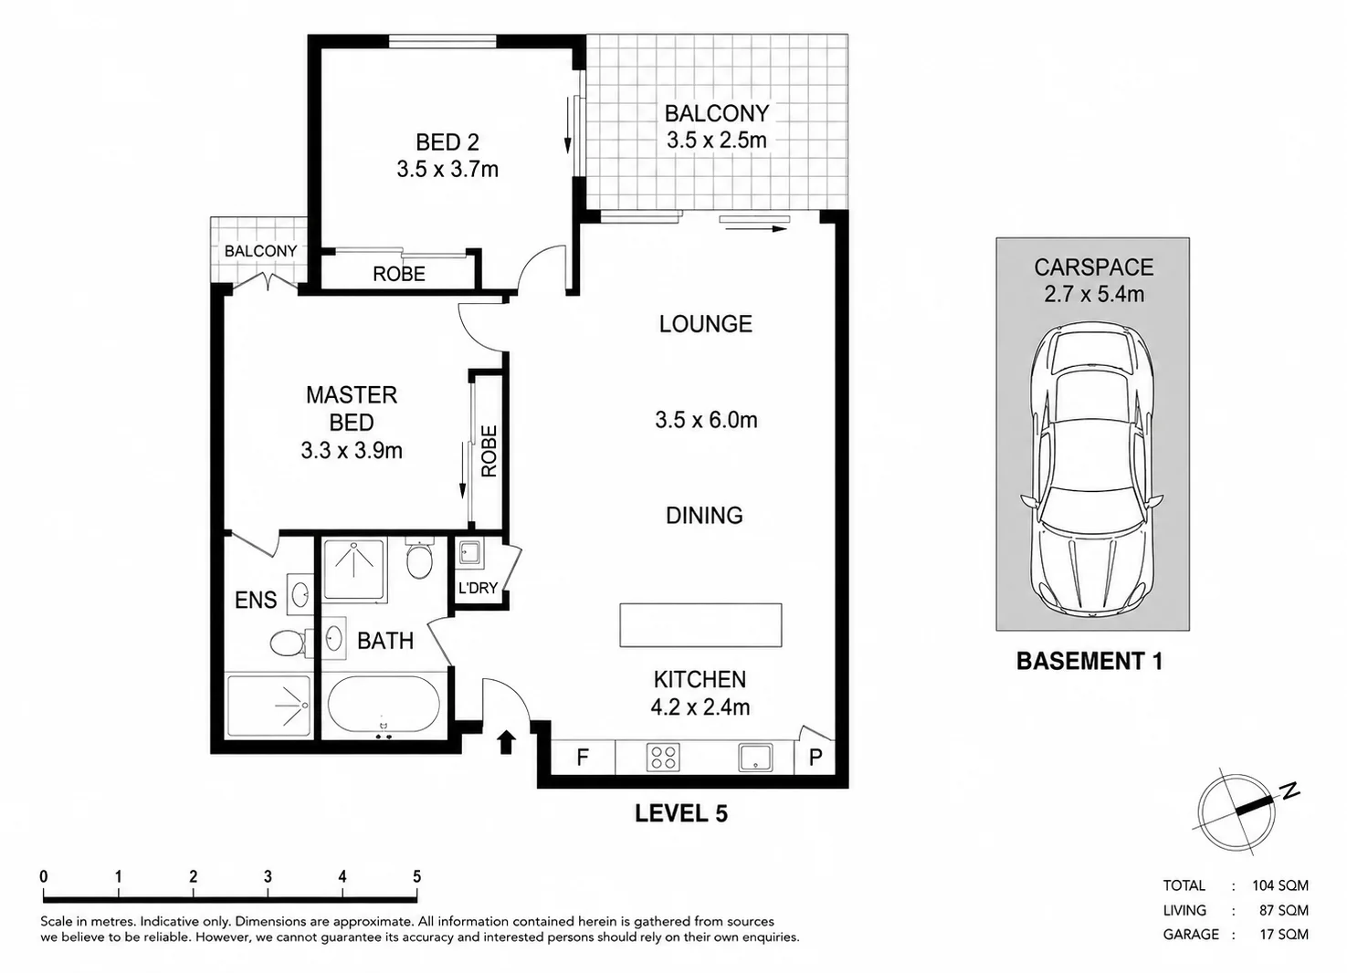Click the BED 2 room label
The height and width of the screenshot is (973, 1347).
click(447, 142)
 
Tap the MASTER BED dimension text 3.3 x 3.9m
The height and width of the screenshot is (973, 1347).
click(352, 450)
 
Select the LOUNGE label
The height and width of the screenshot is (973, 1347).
click(705, 324)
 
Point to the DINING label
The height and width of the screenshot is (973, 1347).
click(704, 515)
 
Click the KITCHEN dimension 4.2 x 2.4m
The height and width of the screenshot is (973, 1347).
click(700, 706)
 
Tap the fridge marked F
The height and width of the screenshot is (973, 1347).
click(582, 758)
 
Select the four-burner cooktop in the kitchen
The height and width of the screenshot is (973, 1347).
click(663, 758)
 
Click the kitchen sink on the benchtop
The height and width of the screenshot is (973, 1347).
click(755, 758)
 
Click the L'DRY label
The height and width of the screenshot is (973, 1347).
click(478, 588)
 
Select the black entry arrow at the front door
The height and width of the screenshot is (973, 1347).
click(506, 742)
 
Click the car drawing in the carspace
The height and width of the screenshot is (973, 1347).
click(1092, 471)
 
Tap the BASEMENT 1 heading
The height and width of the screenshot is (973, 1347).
click(1089, 661)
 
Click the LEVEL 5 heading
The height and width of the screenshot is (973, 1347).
click(681, 814)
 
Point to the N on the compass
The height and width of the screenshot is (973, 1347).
click(1289, 790)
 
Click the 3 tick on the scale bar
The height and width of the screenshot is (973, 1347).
click(268, 877)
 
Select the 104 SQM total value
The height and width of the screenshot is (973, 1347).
click(1280, 885)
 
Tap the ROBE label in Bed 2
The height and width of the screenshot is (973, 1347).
click(399, 274)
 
